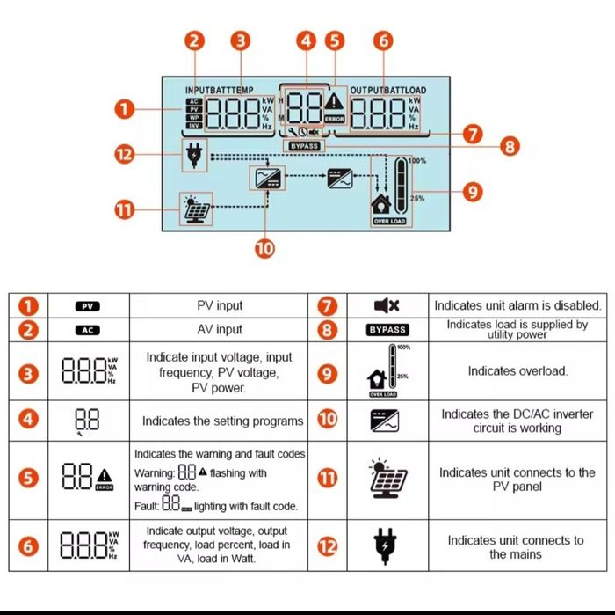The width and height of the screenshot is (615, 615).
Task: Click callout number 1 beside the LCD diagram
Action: click(x=125, y=110)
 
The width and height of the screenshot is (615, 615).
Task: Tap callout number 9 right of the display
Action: click(x=473, y=191)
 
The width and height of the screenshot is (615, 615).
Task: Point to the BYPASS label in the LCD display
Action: click(x=304, y=146)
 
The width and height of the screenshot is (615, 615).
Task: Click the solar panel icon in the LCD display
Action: click(x=194, y=209)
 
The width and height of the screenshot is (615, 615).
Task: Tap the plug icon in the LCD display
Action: click(x=193, y=156)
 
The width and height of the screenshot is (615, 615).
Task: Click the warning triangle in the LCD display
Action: click(x=335, y=102)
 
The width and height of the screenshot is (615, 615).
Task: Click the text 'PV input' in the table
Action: click(x=219, y=305)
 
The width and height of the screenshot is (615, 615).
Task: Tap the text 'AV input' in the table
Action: click(x=219, y=329)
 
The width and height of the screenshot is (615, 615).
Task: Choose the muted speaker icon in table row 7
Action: click(x=387, y=305)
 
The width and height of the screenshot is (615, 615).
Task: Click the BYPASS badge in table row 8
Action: click(x=387, y=329)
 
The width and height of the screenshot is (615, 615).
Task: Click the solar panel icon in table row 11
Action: click(x=386, y=478)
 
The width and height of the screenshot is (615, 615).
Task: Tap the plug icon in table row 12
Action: click(x=386, y=545)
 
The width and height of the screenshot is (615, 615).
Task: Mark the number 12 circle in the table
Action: click(x=327, y=546)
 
